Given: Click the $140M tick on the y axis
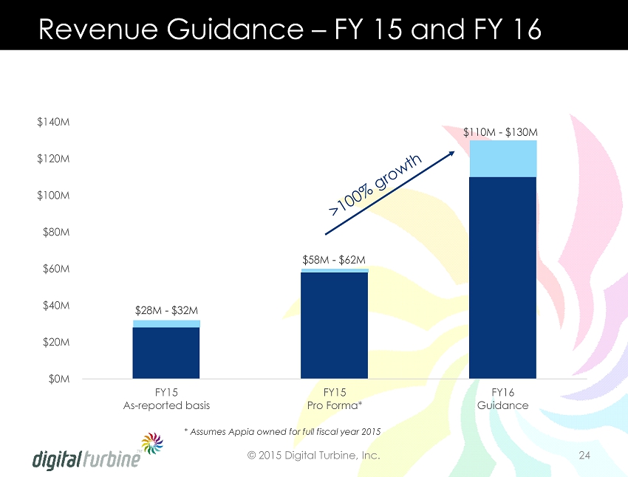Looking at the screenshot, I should point(54,122).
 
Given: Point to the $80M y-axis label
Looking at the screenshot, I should point(56,232).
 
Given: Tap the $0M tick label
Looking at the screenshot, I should point(59,379).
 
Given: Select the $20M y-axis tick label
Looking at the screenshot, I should point(56,343).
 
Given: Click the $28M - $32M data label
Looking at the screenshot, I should point(166,310).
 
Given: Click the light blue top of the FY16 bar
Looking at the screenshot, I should point(502,158).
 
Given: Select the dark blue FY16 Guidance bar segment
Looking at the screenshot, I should point(502,278).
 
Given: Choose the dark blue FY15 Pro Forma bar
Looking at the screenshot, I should point(335,325).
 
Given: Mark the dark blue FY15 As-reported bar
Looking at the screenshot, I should point(166,353).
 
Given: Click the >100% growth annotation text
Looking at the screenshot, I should point(375,185).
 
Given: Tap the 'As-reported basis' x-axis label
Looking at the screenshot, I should point(166,405).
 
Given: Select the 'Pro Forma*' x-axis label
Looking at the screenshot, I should point(335,405).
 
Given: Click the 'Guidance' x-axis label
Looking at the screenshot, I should point(502,405).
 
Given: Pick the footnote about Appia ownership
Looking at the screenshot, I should point(281,430).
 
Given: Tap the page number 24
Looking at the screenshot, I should point(584,456).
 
